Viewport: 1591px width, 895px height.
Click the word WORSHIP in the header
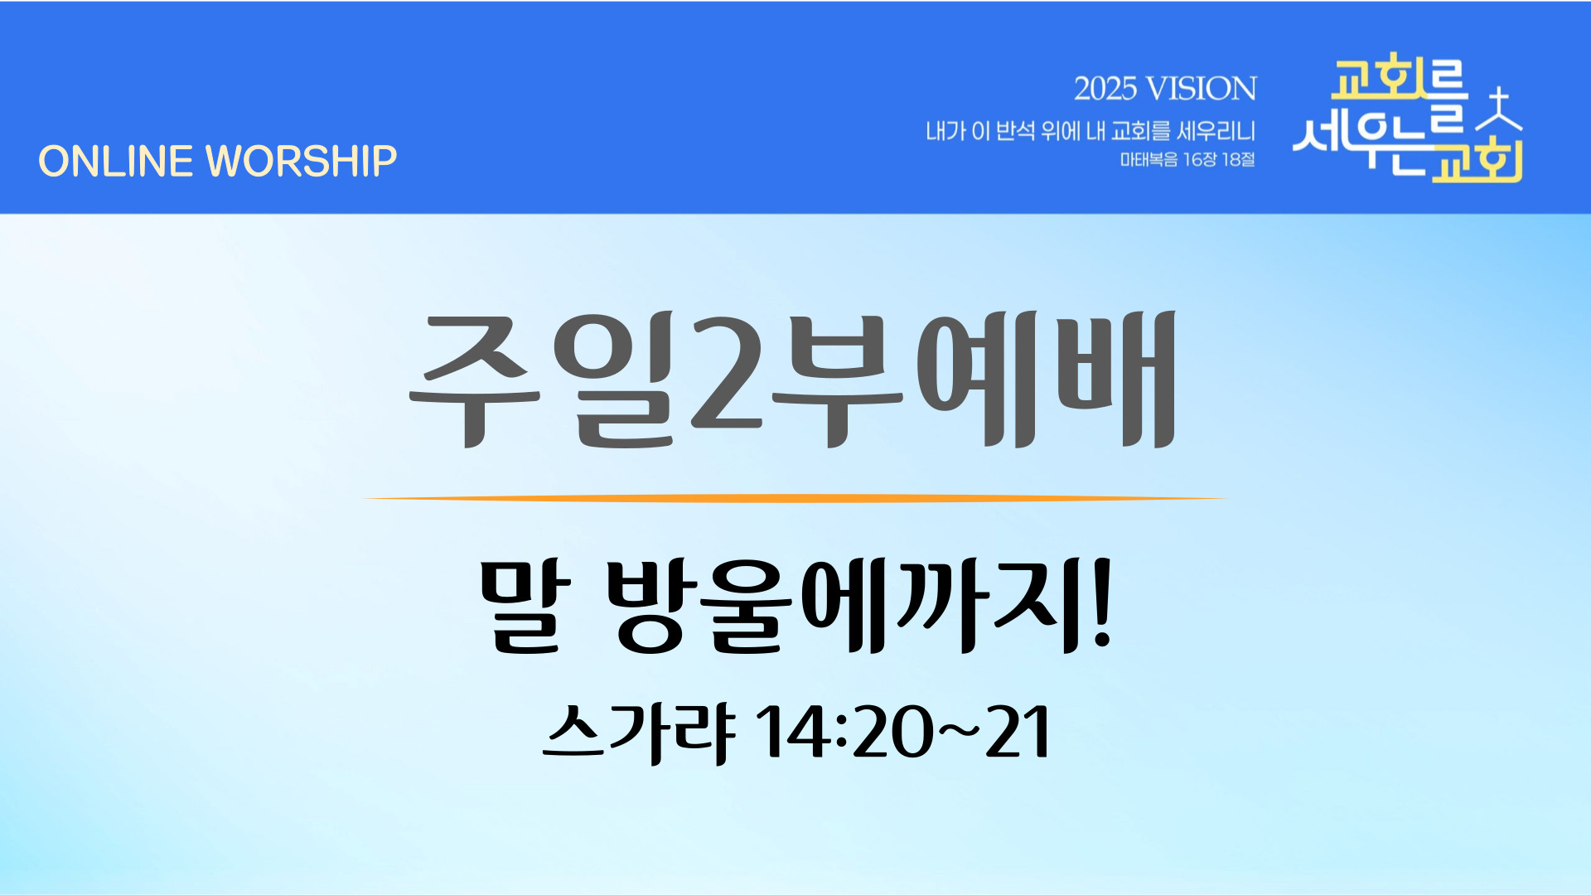click(302, 161)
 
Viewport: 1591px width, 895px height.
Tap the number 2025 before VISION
click(1105, 89)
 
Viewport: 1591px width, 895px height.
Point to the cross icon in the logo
click(1499, 109)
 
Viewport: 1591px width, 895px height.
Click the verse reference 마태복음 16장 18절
click(1187, 159)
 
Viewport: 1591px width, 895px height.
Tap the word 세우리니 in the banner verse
click(1216, 131)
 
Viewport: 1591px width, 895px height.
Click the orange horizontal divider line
click(795, 498)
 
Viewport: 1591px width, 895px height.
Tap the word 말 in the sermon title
click(525, 605)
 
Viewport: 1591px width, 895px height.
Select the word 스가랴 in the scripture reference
click(639, 733)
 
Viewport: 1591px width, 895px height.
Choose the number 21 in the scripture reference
click(1018, 731)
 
